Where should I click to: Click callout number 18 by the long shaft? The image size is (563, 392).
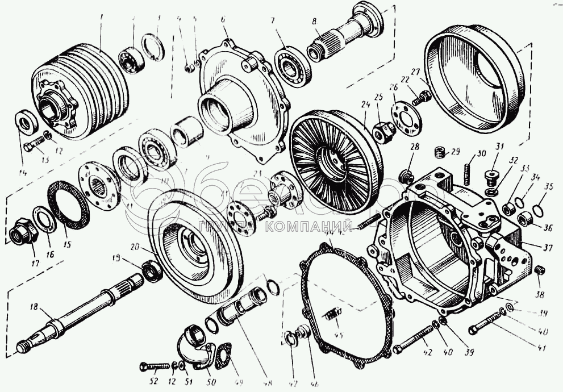click(34, 307)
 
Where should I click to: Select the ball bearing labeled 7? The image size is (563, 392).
click(293, 65)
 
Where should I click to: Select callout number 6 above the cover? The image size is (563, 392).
click(223, 19)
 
